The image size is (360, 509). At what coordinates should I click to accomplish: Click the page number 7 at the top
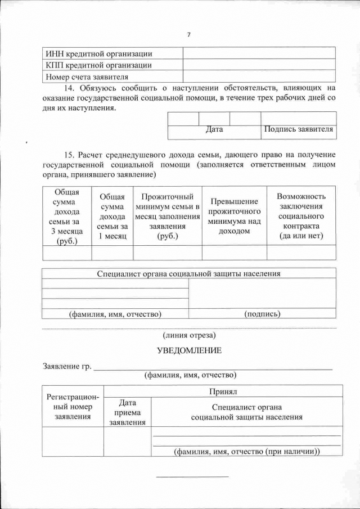pos(189,35)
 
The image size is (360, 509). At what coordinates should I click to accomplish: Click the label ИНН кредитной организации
pos(100,53)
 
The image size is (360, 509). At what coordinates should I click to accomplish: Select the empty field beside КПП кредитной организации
pos(259,65)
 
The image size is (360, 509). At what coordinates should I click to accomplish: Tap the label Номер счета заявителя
pos(87,76)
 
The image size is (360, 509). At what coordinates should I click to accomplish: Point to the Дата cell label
pos(214,129)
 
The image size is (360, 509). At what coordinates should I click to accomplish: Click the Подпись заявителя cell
pos(298,129)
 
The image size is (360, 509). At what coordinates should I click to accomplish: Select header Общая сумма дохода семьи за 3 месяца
pos(67,217)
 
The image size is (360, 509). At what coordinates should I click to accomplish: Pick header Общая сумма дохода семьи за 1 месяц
pos(112,217)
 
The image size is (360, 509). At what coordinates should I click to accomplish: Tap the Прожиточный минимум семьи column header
pos(168,216)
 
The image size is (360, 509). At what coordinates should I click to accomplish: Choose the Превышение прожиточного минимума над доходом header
pos(234,216)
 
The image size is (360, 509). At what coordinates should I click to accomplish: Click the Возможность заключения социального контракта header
pos(301,216)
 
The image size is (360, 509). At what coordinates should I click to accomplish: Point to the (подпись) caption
pos(262,313)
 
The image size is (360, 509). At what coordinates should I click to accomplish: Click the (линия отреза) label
pos(189,335)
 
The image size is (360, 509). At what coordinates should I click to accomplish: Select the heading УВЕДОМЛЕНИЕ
pos(189,350)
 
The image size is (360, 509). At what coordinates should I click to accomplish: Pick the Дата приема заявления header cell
pos(127,412)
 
